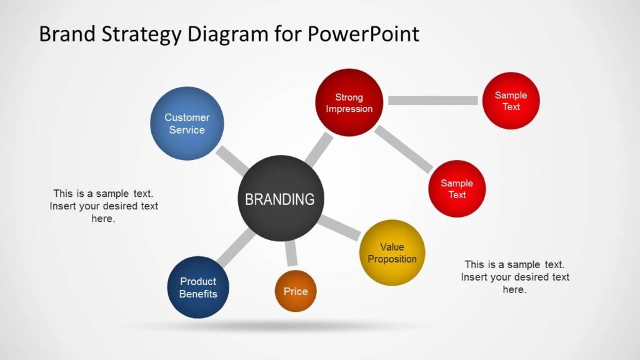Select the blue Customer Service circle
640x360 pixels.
point(187,123)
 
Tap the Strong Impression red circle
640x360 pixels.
point(349,102)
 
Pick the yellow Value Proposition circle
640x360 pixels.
point(392,252)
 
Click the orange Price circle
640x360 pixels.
point(296,291)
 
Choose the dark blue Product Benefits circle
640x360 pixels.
point(198,287)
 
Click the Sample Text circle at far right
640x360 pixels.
point(511,101)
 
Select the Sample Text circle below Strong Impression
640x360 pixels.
point(457,189)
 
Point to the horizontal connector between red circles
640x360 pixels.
point(432,101)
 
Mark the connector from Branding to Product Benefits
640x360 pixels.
point(235,249)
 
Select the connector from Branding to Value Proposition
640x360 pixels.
point(340,227)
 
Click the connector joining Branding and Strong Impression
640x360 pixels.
point(319,149)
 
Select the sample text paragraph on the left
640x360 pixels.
point(104,206)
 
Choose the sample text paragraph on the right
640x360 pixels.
point(515,277)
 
